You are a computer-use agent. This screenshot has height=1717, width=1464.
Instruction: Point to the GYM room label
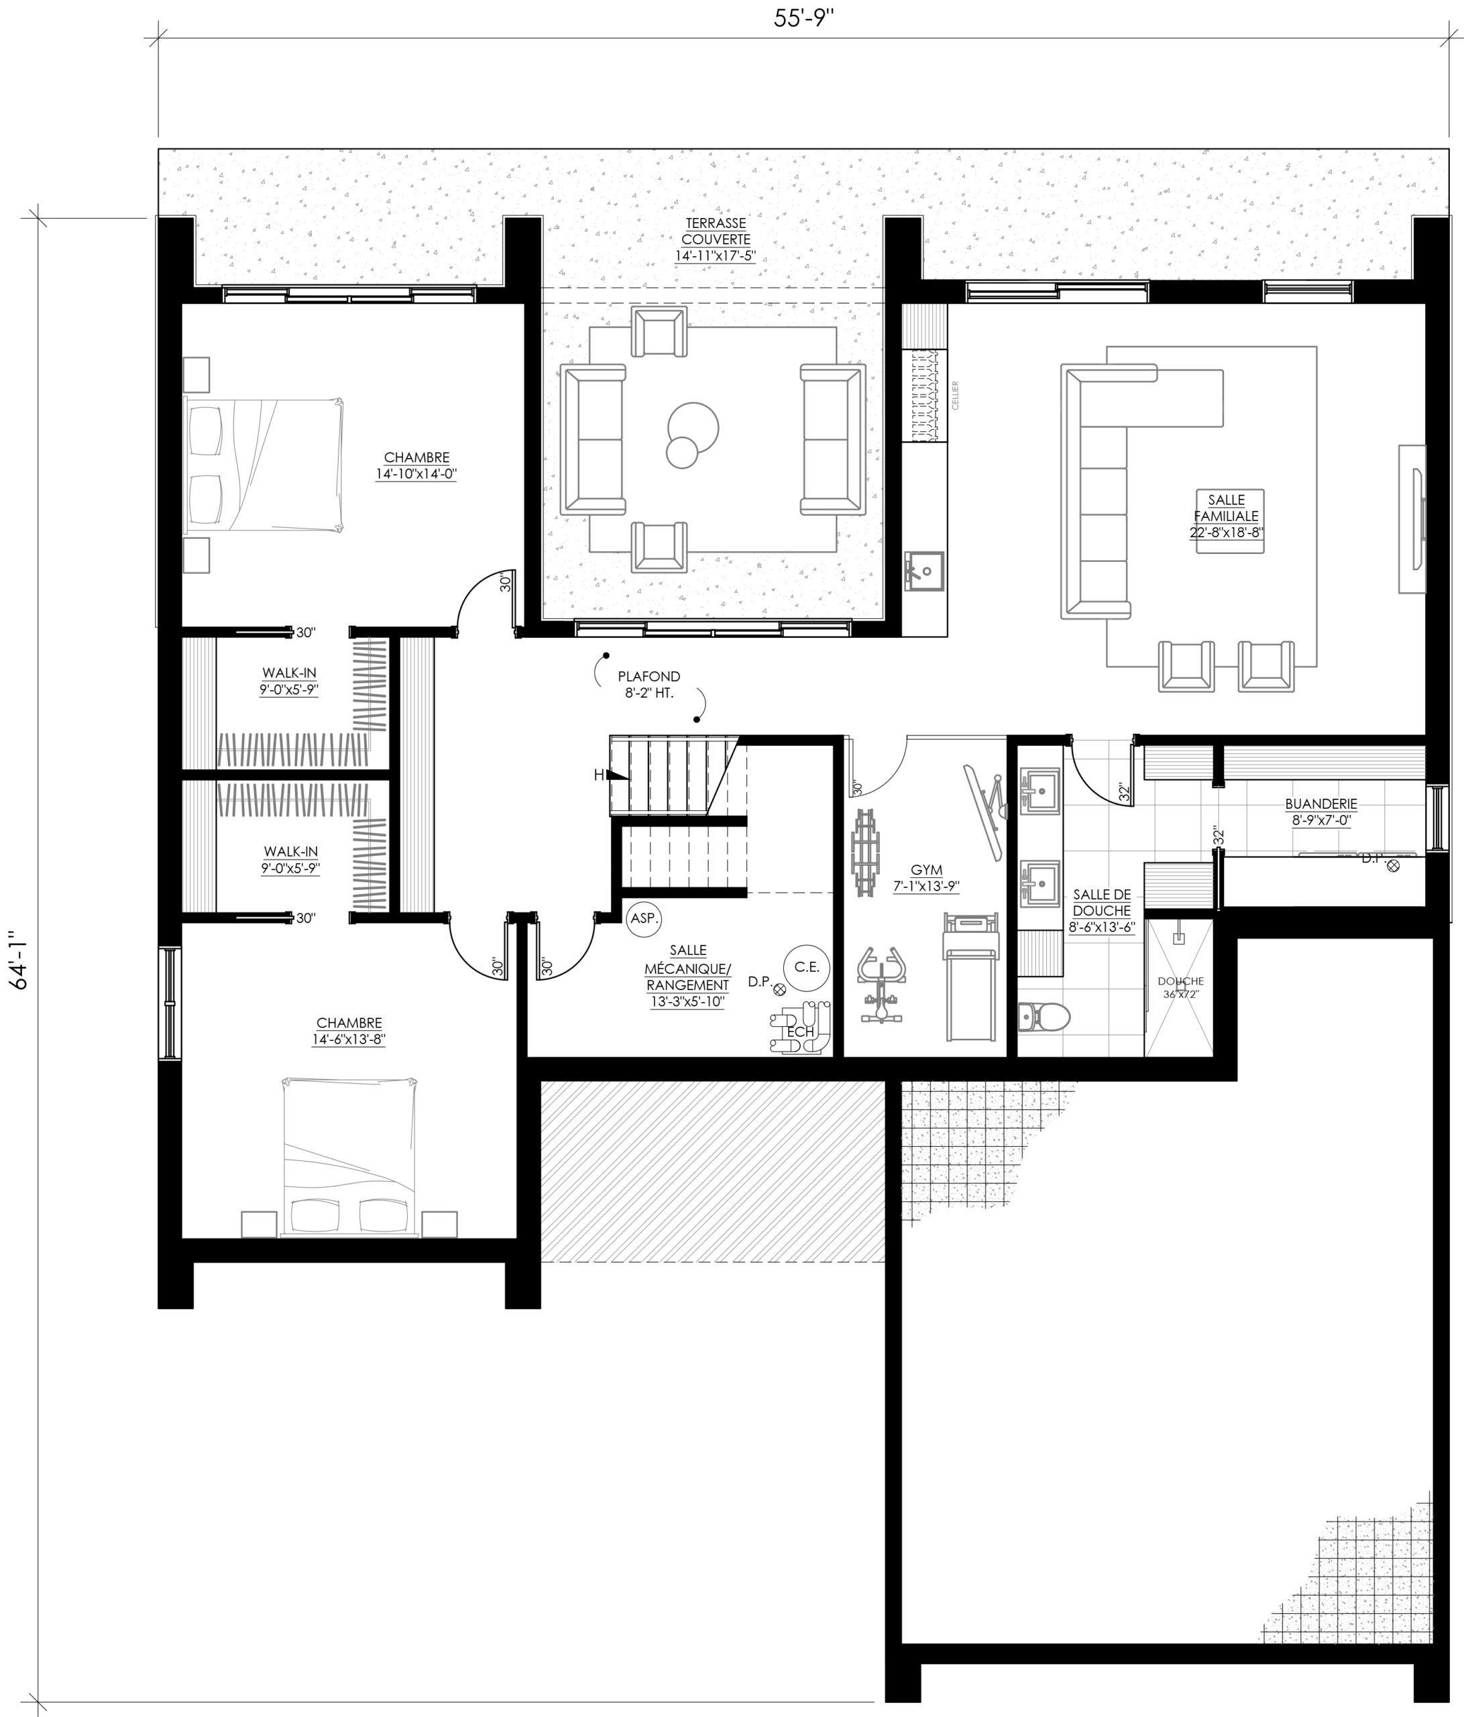point(925,877)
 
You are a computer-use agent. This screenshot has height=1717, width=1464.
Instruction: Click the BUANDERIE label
point(1320,812)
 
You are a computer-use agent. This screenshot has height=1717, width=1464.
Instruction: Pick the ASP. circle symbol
point(643,918)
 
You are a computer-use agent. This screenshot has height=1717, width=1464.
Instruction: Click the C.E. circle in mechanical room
point(806,967)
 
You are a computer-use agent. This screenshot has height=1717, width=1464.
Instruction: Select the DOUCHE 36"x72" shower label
point(1180,987)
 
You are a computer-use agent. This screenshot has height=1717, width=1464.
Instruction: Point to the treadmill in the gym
point(971,978)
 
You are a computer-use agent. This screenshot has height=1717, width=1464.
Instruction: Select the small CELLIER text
point(955,395)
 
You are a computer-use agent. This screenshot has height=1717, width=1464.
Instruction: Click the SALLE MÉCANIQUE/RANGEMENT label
point(687,976)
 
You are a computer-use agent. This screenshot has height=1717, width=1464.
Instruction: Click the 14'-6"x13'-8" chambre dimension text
point(349,1039)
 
